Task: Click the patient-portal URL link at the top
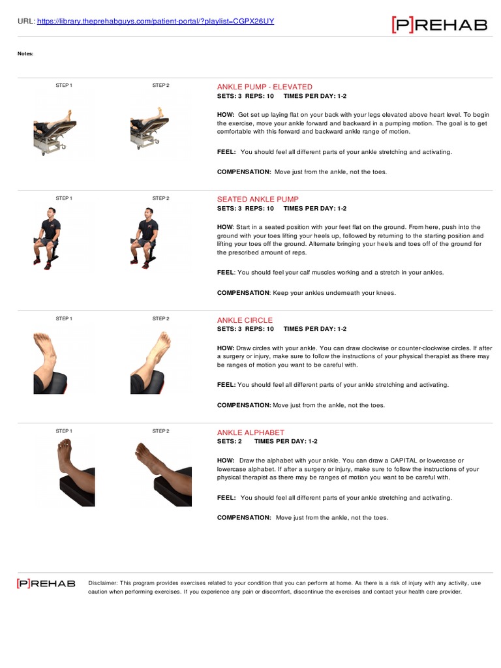156,21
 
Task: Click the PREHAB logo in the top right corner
439,25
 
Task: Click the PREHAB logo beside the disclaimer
46,583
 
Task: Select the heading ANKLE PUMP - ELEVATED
264,87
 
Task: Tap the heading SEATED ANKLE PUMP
257,199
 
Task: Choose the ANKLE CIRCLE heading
245,320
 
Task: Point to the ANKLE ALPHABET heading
250,433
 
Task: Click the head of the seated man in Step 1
52,214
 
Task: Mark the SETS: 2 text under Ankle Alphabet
230,442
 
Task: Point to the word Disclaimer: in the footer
102,583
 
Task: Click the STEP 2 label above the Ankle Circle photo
160,319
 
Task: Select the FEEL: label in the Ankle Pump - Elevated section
226,152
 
